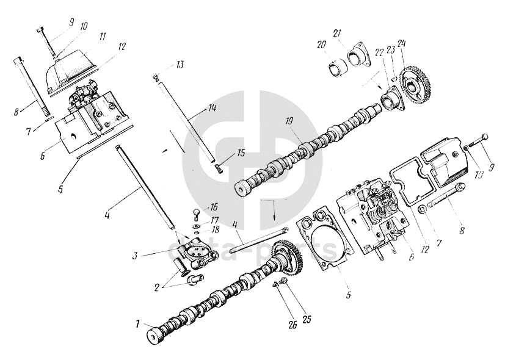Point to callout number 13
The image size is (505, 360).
pyautogui.click(x=180, y=64)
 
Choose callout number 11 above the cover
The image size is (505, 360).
pyautogui.click(x=102, y=37)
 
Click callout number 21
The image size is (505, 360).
pyautogui.click(x=336, y=33)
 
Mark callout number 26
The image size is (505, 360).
pyautogui.click(x=291, y=325)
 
